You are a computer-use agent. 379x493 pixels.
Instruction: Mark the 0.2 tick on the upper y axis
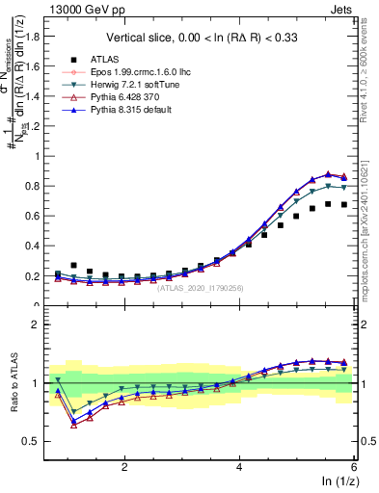(x=36, y=276)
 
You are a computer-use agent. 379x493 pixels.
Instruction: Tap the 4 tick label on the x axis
(x=239, y=467)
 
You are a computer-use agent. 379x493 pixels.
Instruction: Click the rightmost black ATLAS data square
(x=344, y=204)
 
